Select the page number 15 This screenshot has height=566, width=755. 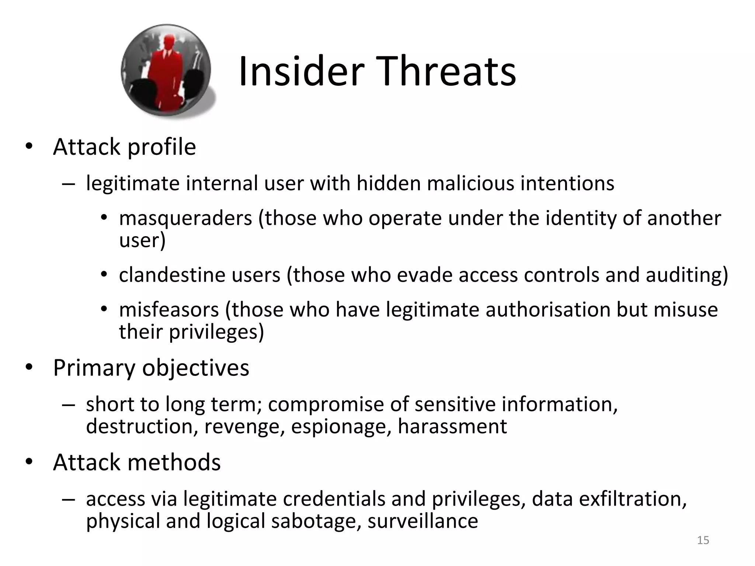coord(703,540)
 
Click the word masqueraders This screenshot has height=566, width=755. coord(185,218)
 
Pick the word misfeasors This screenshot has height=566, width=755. coord(169,310)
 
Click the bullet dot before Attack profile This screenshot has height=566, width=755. coord(29,147)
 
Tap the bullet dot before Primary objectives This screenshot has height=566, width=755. coord(29,367)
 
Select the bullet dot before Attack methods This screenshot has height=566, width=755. coord(29,462)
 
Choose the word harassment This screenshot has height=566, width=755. coord(452,426)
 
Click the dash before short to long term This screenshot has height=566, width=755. coord(68,405)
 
